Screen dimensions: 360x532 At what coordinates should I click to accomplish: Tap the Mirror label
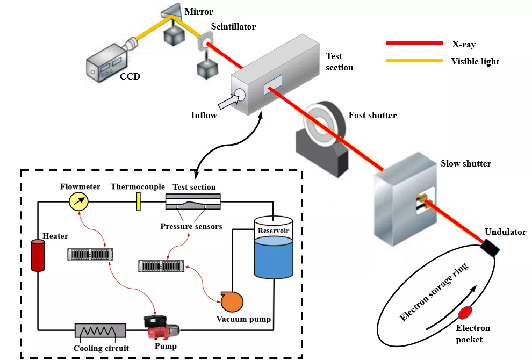coord(199,11)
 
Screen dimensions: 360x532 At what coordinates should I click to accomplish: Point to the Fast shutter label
coord(372,115)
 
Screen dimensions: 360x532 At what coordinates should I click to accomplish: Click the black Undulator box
coord(491,247)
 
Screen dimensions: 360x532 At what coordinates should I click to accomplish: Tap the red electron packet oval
coord(465,312)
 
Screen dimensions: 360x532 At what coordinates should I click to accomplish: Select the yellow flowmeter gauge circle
coord(79,202)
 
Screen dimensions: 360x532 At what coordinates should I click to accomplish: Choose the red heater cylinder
coord(38,256)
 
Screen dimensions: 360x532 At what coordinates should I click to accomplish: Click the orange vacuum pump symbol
coord(232,301)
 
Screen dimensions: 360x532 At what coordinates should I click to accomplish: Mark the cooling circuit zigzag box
coord(100,330)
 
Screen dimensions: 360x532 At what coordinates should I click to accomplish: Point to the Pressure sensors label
coord(191,226)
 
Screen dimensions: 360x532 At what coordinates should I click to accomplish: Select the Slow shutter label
coord(465,163)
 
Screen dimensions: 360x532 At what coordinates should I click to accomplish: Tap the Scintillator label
coord(233,26)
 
